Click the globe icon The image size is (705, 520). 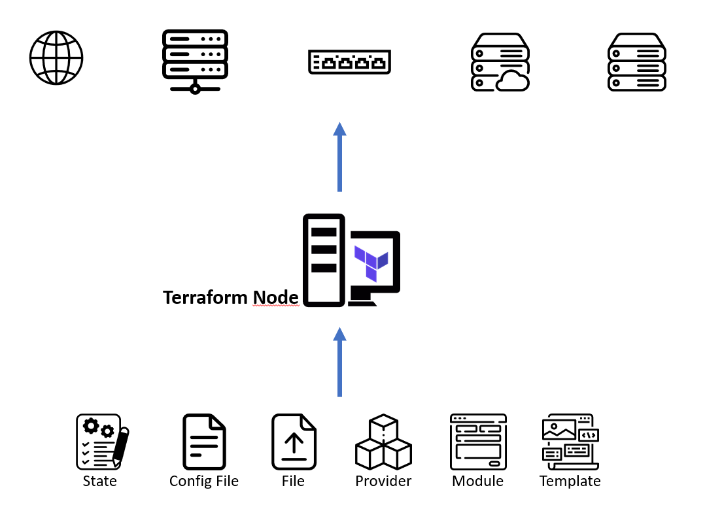56,57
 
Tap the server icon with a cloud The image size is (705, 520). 500,63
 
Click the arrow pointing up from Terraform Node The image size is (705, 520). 339,157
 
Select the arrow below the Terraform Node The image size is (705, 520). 339,362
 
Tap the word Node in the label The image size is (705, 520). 275,298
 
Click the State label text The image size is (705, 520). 100,481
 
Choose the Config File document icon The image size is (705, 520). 204,441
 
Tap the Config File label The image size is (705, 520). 204,481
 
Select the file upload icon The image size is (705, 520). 294,441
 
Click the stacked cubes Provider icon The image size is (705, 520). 383,441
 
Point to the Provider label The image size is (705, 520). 383,481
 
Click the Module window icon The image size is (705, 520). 478,441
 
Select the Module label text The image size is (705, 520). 478,481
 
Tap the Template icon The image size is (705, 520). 570,441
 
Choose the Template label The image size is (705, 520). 570,481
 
